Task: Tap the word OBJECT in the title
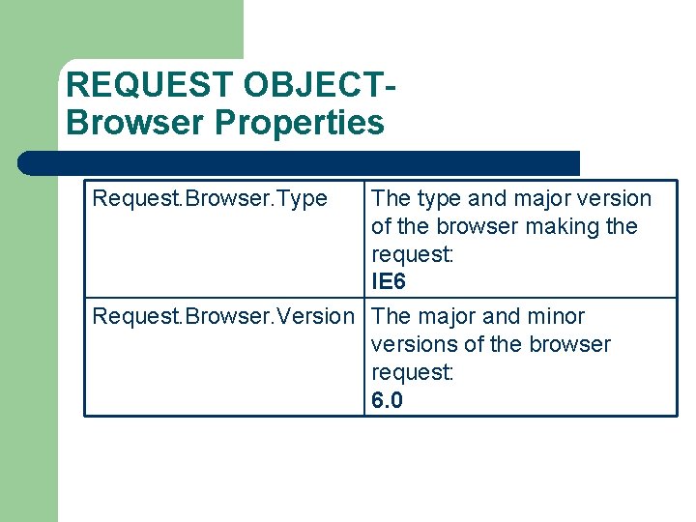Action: pos(313,86)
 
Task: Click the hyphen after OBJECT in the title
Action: pos(391,86)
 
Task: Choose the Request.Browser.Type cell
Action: pos(210,199)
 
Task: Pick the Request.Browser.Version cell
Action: pos(223,316)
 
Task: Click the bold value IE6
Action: pos(389,282)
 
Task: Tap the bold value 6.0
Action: pos(387,400)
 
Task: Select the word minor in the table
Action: pos(556,316)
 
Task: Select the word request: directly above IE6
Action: pos(412,254)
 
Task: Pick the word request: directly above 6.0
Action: pos(412,372)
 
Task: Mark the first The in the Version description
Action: pos(391,316)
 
